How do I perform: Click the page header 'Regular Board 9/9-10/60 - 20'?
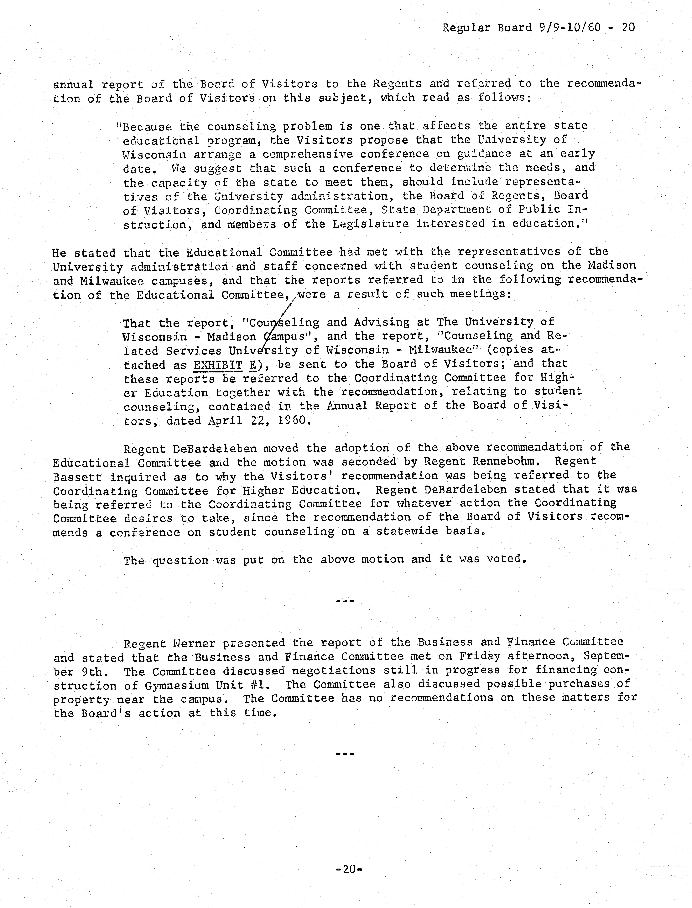(538, 28)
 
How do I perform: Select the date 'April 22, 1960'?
(258, 421)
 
